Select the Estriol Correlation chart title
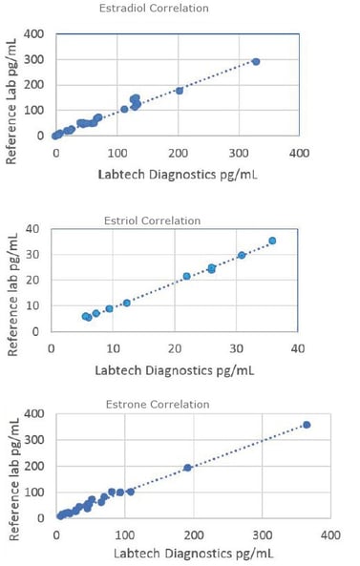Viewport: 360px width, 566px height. [152, 220]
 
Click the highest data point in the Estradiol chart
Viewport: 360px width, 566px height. [256, 61]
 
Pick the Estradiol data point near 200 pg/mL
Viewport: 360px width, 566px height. [180, 91]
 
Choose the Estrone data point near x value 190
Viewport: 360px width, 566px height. [187, 468]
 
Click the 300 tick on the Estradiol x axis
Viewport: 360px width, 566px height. [239, 153]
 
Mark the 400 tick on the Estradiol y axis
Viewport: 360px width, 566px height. [32, 33]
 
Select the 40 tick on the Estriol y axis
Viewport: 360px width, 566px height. [32, 229]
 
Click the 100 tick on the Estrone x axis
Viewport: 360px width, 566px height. [124, 535]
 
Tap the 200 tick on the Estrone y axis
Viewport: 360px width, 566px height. [32, 467]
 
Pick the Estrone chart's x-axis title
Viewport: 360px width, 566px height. [191, 554]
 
